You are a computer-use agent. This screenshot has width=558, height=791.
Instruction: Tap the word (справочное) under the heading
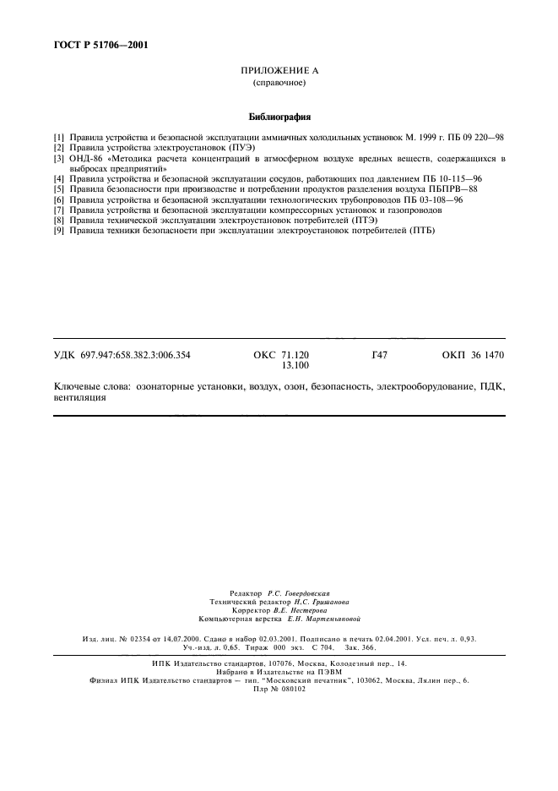point(279,84)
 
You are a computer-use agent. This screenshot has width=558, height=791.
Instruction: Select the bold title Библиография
point(279,117)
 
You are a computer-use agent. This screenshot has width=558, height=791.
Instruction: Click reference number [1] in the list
point(59,136)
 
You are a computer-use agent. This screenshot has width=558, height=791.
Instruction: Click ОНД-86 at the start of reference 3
point(85,158)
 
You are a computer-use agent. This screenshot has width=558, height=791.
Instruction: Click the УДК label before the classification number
point(64,355)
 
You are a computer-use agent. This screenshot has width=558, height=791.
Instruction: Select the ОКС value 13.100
point(296,366)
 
